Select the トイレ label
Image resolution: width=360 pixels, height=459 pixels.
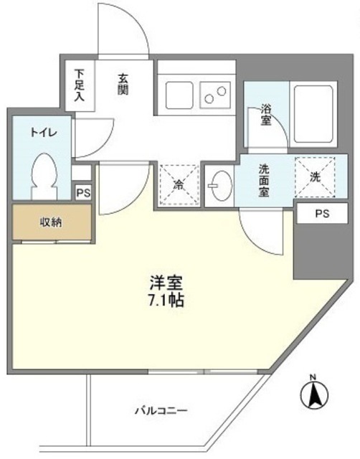click(39, 133)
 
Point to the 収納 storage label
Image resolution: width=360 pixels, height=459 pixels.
click(50, 222)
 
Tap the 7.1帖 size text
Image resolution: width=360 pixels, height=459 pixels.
click(168, 301)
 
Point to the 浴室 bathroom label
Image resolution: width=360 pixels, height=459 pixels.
click(266, 115)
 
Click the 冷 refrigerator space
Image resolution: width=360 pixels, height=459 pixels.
click(177, 185)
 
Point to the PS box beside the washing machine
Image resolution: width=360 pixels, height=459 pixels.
click(320, 214)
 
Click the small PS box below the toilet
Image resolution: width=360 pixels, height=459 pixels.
click(82, 192)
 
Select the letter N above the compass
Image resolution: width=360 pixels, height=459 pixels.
click(312, 377)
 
